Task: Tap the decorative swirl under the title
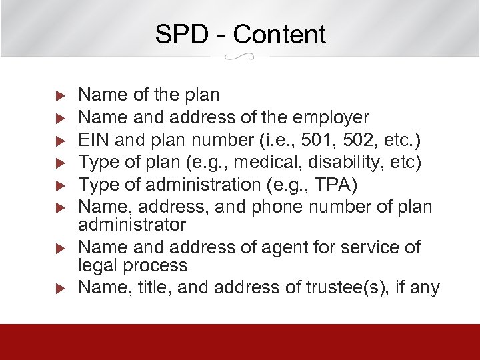tap(240, 57)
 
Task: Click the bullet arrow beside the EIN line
tap(59, 141)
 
